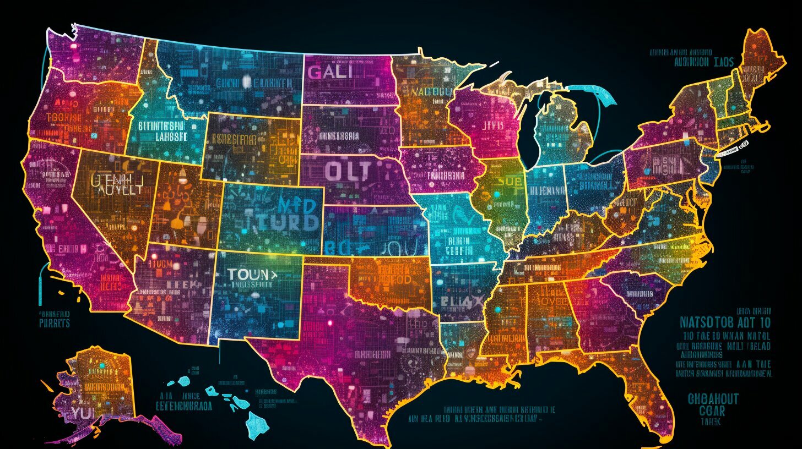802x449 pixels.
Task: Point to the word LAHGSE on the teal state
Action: pos(170,137)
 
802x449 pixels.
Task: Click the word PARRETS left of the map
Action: pos(55,323)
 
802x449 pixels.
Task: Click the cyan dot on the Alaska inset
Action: pos(101,364)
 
